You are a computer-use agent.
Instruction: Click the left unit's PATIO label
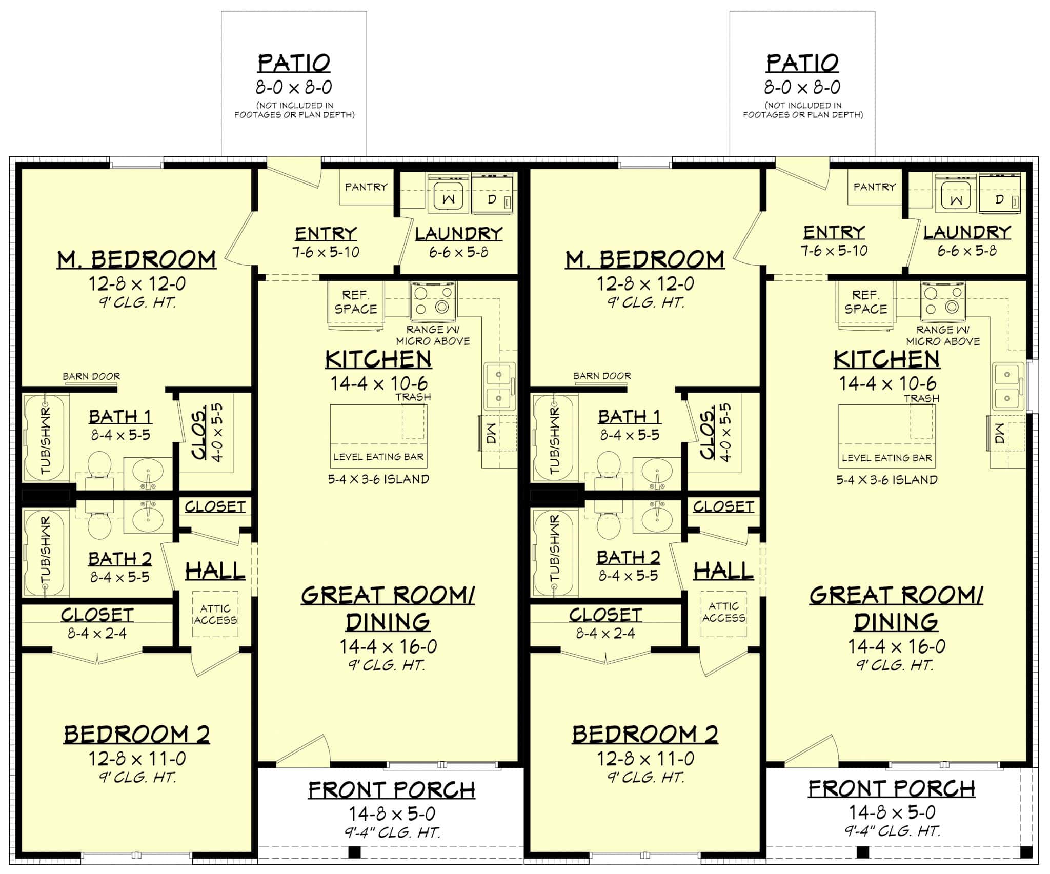[x=294, y=64]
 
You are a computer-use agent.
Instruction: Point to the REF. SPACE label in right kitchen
[x=866, y=302]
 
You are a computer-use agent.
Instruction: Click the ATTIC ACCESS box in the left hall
[x=215, y=614]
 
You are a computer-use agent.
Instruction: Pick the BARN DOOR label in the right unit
[x=602, y=376]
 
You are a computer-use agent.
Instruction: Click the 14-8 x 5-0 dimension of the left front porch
[x=392, y=814]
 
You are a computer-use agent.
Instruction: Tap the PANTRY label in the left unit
[x=366, y=187]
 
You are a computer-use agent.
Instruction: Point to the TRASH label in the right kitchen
[x=921, y=398]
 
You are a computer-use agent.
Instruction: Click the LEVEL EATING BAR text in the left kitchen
[x=378, y=457]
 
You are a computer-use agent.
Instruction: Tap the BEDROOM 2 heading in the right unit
[x=645, y=735]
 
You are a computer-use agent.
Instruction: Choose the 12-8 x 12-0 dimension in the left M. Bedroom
[x=137, y=283]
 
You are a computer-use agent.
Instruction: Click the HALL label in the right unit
[x=723, y=571]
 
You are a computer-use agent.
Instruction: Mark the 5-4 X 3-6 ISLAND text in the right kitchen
[x=887, y=480]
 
